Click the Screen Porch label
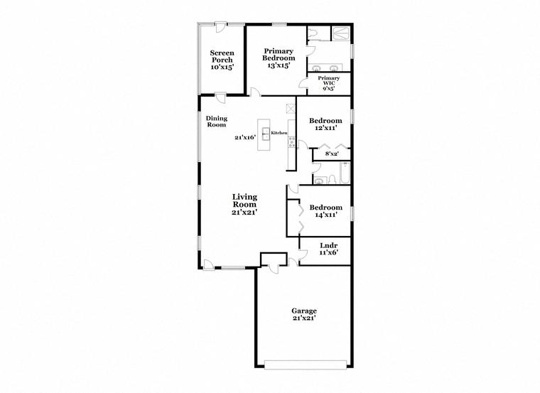tap(222, 56)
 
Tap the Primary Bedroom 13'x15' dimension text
tap(279, 65)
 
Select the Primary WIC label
tap(328, 80)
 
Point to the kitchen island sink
tap(266, 134)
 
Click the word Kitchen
tap(279, 133)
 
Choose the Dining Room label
tap(217, 122)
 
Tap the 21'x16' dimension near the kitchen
tap(245, 137)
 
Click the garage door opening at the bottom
tap(306, 365)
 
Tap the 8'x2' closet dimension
tap(332, 154)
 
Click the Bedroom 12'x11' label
tap(325, 124)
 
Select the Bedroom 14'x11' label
tap(326, 211)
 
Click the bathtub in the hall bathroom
tap(345, 173)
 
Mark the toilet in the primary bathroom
tap(313, 33)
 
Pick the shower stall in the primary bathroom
tap(340, 33)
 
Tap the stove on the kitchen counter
tap(292, 142)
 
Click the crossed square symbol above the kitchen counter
tap(291, 109)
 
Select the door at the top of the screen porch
tap(220, 28)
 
